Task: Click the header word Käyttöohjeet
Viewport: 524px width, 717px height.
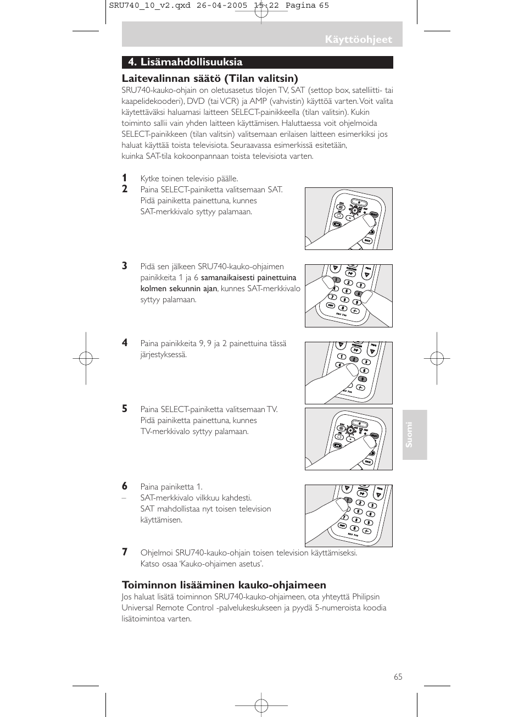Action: pyautogui.click(x=358, y=40)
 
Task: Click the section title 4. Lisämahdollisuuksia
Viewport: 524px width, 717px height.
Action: pyautogui.click(x=185, y=62)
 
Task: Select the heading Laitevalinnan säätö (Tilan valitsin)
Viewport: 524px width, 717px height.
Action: pyautogui.click(x=209, y=79)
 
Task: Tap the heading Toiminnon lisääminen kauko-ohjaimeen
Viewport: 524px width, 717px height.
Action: pyautogui.click(x=224, y=585)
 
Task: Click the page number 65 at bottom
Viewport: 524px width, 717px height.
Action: pyautogui.click(x=398, y=677)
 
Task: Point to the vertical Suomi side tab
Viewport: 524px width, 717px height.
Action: pyautogui.click(x=414, y=435)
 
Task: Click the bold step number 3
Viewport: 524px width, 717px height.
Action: pyautogui.click(x=125, y=266)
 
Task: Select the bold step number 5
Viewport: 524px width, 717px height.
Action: pyautogui.click(x=125, y=409)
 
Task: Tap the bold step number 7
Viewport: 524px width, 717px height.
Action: pyautogui.click(x=125, y=552)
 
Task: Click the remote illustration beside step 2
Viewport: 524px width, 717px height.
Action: pyautogui.click(x=349, y=219)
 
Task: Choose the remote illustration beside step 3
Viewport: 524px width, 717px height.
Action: pyautogui.click(x=349, y=296)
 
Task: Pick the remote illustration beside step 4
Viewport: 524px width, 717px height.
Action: pyautogui.click(x=349, y=373)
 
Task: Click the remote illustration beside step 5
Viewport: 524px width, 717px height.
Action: pyautogui.click(x=349, y=439)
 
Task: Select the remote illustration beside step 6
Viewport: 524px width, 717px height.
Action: pyautogui.click(x=349, y=516)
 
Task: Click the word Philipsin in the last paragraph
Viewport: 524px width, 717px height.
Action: pyautogui.click(x=366, y=597)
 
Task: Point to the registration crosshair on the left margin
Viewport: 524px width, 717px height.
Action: pyautogui.click(x=86, y=359)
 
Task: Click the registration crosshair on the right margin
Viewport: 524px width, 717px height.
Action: pyautogui.click(x=437, y=359)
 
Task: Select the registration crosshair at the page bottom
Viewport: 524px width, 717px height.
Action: pyautogui.click(x=261, y=705)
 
